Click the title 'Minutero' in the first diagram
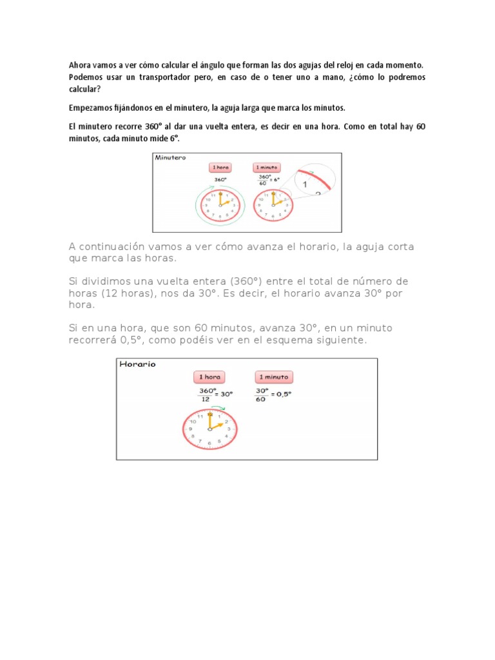(170, 157)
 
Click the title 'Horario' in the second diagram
(137, 364)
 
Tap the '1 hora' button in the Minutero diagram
(220, 168)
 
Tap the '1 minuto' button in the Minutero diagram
(266, 168)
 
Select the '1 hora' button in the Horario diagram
(209, 377)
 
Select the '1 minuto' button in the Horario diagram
(274, 377)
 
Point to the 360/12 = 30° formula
(215, 394)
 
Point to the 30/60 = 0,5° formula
(273, 394)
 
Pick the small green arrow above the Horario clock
(218, 408)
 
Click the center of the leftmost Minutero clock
(220, 206)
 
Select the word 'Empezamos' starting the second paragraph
(90, 108)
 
